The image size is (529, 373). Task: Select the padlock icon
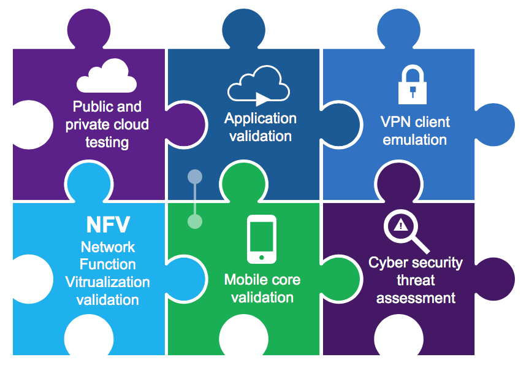tap(414, 85)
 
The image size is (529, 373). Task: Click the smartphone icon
tap(262, 239)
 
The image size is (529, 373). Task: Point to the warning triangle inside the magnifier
tap(401, 225)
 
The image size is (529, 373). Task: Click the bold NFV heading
tap(108, 225)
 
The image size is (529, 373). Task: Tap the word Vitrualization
tap(108, 282)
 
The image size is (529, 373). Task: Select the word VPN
tap(394, 122)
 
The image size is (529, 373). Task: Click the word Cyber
tap(388, 263)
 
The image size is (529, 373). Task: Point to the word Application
tap(261, 118)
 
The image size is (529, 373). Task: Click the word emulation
tap(415, 140)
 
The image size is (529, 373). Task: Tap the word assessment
tap(416, 299)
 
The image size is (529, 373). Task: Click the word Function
tap(108, 264)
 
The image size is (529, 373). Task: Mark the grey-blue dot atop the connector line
tap(195, 177)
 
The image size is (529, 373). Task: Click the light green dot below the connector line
tap(195, 221)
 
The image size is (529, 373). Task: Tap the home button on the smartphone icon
tap(262, 257)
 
